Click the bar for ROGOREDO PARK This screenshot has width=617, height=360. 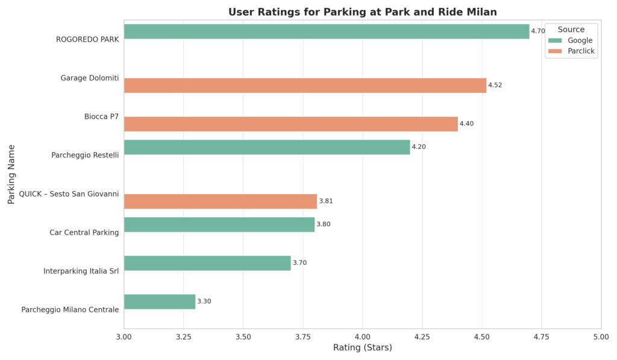(x=326, y=31)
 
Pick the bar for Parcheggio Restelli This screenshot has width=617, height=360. (x=266, y=147)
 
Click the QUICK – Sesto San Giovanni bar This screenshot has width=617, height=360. (x=220, y=201)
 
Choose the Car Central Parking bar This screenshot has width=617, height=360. (x=219, y=224)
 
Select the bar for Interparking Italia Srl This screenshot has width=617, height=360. (x=207, y=263)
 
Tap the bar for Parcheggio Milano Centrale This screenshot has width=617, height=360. (x=159, y=302)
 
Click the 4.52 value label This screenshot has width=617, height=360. (x=495, y=85)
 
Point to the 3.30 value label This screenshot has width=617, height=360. (x=204, y=302)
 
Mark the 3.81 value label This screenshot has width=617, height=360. (x=326, y=201)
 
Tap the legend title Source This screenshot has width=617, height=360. (x=571, y=29)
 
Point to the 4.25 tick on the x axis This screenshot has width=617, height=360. (x=422, y=336)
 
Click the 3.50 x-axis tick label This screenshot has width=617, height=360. (x=243, y=336)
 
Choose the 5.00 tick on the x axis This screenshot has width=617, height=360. (x=600, y=336)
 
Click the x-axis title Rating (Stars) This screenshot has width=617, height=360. (x=362, y=348)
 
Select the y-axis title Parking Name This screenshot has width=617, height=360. (x=11, y=174)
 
